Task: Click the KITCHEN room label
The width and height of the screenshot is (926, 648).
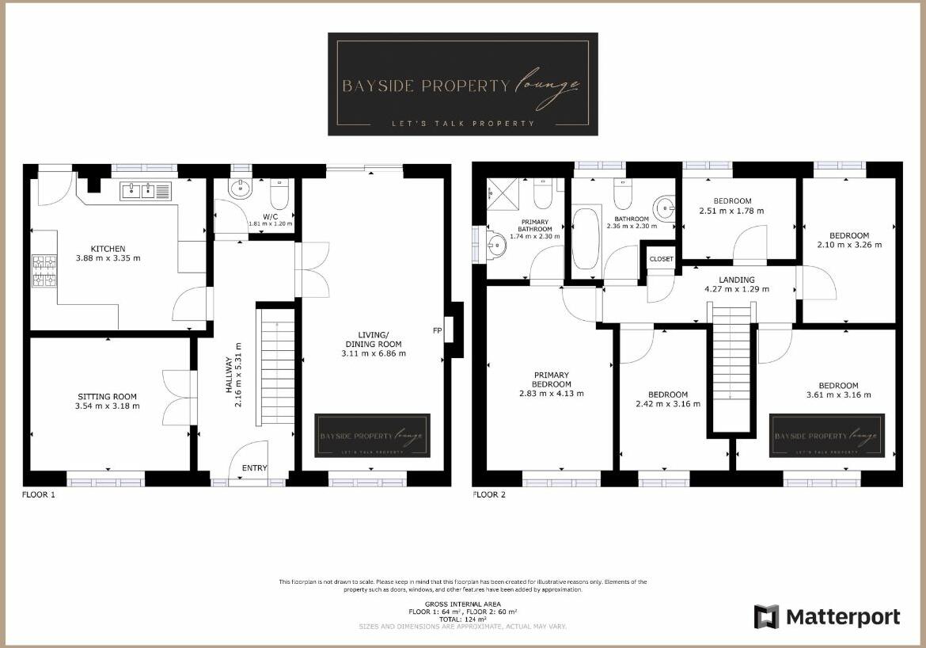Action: [x=108, y=249]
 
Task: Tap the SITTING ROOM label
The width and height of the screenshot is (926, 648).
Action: [x=108, y=397]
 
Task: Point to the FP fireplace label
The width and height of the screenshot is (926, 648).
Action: [x=437, y=330]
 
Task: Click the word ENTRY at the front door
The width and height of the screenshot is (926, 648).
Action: [x=255, y=468]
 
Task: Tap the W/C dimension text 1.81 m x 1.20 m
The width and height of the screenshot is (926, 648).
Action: [x=270, y=224]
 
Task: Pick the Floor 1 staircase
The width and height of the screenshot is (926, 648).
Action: [x=277, y=364]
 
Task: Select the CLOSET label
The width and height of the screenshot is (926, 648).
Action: [x=662, y=259]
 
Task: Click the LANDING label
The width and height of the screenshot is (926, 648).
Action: [x=737, y=280]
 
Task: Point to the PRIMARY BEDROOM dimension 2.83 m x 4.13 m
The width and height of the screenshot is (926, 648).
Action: [x=551, y=394]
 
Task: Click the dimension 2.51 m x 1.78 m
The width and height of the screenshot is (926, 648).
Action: [x=731, y=212]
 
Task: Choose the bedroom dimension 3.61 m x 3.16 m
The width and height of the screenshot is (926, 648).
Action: [x=838, y=395]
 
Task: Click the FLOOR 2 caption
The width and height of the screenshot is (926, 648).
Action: [x=488, y=495]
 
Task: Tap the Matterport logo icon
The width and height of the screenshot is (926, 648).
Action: [x=766, y=617]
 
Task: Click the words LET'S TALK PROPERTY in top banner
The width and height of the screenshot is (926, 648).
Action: [x=463, y=124]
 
